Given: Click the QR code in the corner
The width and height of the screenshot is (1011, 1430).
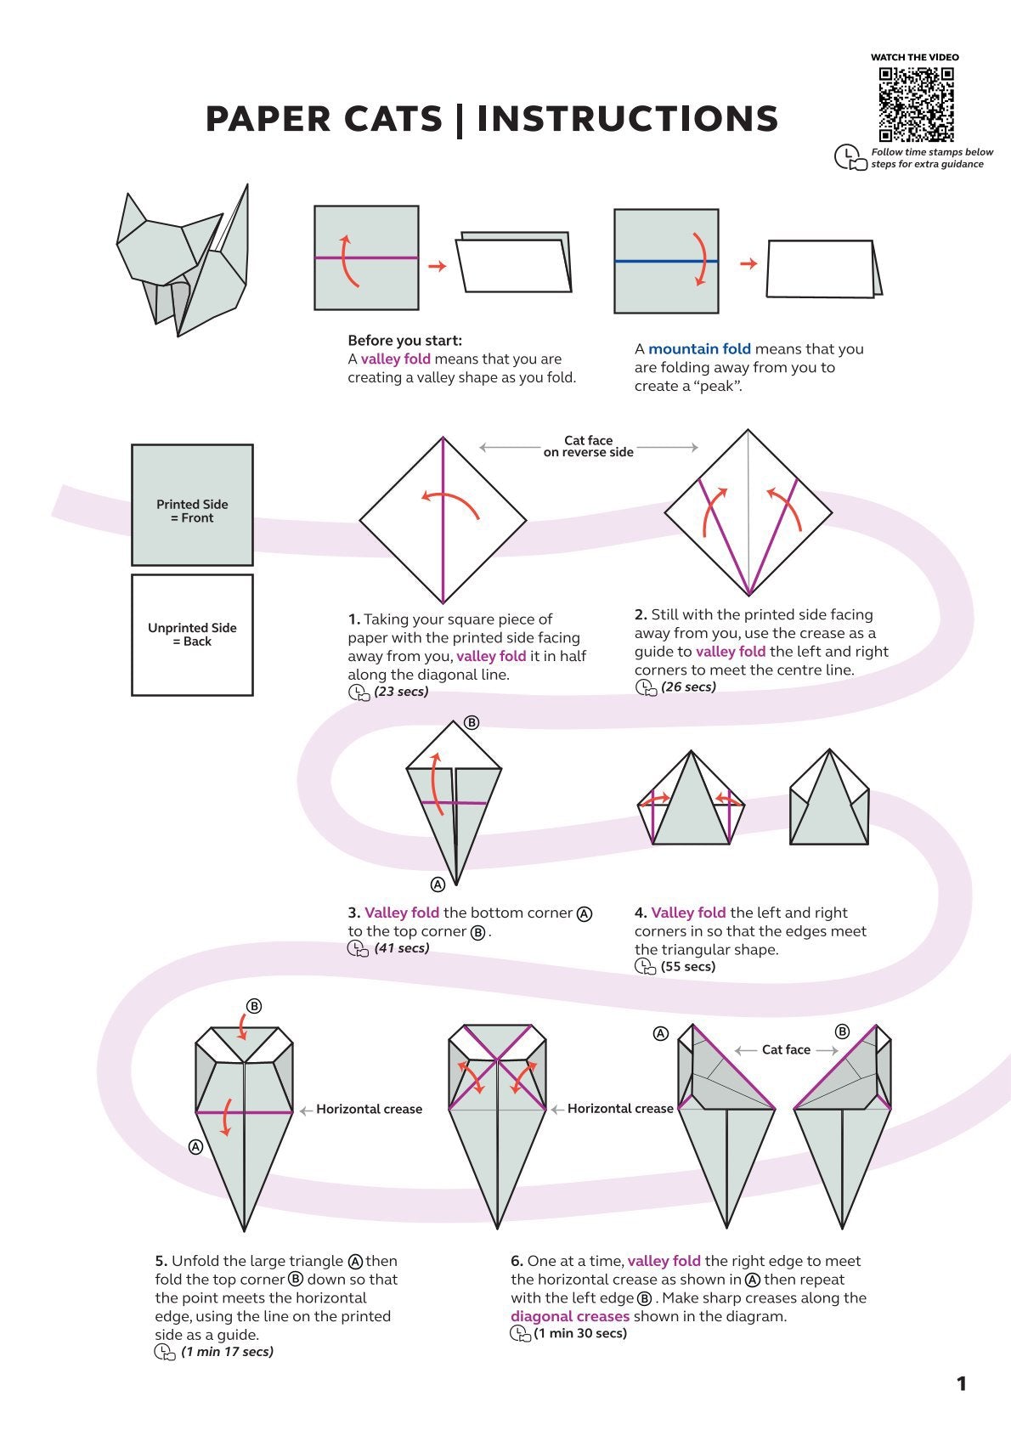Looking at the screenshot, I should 916,104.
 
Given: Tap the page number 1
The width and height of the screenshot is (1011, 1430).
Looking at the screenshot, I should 961,1384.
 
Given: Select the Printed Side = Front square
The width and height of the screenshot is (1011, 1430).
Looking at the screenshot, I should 192,506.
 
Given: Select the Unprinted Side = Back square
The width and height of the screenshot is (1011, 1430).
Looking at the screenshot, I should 192,635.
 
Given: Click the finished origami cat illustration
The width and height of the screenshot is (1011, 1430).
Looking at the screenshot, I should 185,263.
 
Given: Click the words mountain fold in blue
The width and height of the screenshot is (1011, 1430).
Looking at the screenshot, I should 699,349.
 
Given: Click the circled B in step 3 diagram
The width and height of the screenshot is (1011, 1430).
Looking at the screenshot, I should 472,723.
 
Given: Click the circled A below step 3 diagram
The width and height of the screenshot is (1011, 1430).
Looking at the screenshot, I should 438,885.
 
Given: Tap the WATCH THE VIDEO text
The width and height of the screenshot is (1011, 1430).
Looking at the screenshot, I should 914,57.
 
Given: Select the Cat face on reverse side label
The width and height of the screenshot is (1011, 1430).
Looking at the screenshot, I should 588,447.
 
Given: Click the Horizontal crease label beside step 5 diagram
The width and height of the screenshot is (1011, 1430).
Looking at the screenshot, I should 369,1109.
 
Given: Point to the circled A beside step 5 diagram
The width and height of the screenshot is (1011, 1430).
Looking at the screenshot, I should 195,1147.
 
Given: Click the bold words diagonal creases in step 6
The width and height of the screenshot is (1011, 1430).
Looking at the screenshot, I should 570,1316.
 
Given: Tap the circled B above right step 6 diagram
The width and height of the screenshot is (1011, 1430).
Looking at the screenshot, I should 842,1032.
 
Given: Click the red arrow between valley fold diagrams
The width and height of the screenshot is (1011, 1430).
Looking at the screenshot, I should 437,266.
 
